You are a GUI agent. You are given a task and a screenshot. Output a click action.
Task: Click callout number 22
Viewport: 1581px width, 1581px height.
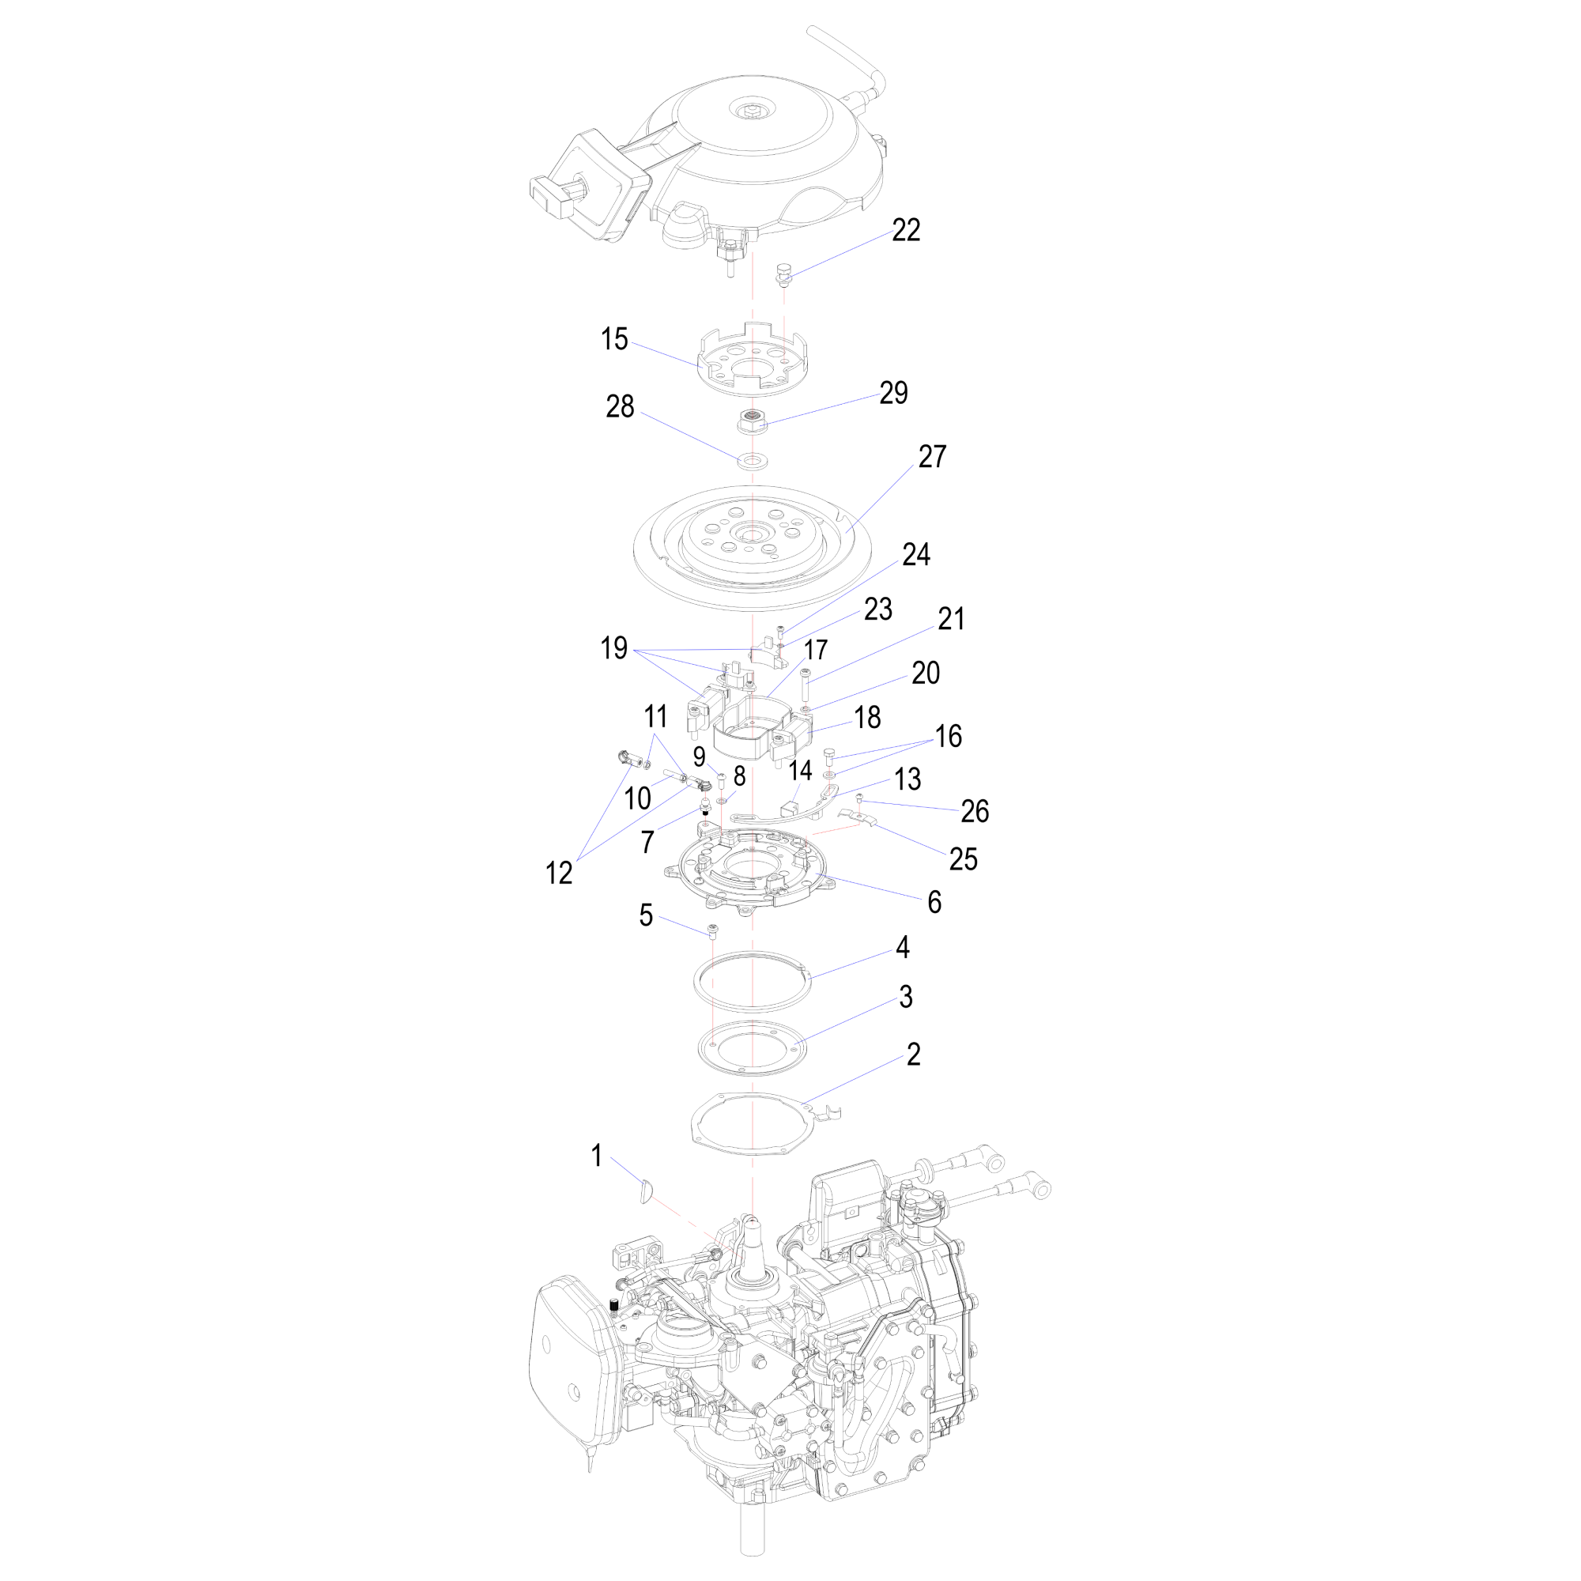pyautogui.click(x=906, y=231)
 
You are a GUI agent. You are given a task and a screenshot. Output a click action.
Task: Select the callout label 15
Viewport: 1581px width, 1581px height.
pyautogui.click(x=613, y=339)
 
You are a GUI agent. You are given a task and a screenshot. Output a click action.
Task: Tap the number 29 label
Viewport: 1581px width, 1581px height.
pyautogui.click(x=893, y=393)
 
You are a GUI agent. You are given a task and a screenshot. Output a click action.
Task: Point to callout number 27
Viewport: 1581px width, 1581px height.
pyautogui.click(x=932, y=457)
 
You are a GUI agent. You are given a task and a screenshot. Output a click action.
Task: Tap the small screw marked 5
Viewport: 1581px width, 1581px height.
pyautogui.click(x=713, y=930)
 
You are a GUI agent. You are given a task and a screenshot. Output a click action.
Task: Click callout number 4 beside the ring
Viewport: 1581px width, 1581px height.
pyautogui.click(x=903, y=948)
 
